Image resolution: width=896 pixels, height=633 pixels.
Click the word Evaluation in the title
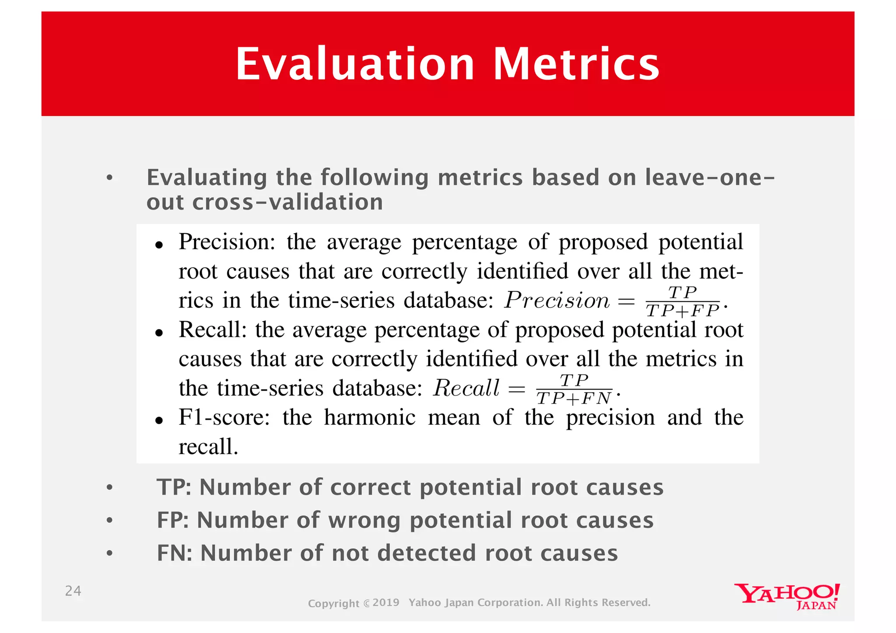click(x=355, y=64)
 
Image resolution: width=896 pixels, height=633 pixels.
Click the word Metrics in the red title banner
click(x=576, y=64)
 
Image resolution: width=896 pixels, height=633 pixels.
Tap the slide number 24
click(x=73, y=591)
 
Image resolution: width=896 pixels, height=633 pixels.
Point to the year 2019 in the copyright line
click(x=386, y=602)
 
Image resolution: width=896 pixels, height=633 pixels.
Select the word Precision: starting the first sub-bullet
click(x=227, y=242)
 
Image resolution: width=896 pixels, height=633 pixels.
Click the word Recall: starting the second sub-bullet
click(x=213, y=330)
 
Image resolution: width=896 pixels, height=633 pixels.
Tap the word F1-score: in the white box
click(x=224, y=417)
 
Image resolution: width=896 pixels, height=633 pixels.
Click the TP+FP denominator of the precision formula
click(x=682, y=311)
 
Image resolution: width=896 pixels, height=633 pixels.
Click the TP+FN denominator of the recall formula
click(x=574, y=399)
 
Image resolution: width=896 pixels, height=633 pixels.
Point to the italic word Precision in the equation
click(x=556, y=301)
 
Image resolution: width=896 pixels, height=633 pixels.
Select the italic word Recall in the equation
click(x=466, y=388)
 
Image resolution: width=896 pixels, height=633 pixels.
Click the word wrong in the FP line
click(x=364, y=521)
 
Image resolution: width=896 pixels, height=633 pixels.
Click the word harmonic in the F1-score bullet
click(x=370, y=417)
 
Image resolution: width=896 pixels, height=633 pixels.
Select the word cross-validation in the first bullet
click(x=287, y=202)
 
